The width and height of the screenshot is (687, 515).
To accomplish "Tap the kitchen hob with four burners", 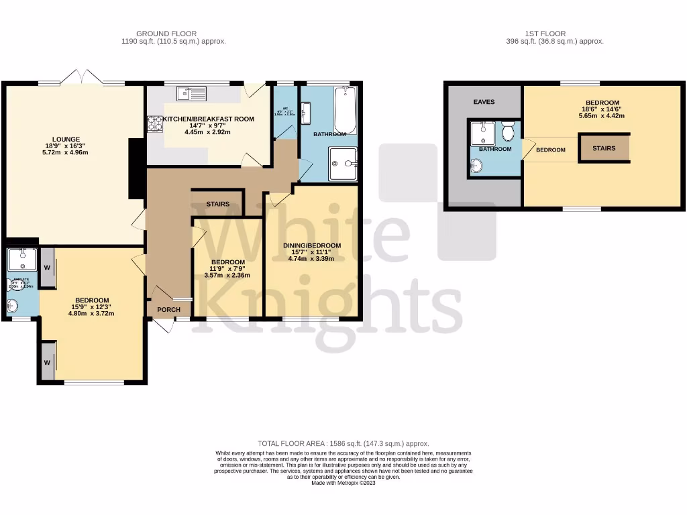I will click(154, 123).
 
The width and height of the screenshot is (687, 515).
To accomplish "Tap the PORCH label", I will click(168, 309).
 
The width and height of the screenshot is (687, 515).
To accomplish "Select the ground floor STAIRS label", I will click(217, 204).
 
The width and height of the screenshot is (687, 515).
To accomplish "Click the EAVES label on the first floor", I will click(483, 102).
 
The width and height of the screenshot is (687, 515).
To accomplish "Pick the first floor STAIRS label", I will click(604, 148).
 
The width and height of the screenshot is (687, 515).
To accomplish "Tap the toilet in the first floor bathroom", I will click(508, 131).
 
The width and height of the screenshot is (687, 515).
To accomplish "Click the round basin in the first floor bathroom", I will click(477, 166).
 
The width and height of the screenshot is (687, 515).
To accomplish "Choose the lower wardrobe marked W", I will click(47, 362).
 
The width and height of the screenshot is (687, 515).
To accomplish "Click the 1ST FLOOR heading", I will click(546, 34).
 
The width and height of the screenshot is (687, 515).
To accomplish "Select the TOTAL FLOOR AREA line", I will click(343, 444).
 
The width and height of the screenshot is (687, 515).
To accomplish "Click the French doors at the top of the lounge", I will click(81, 75).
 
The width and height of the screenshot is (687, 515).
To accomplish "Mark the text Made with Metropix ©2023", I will click(343, 483).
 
